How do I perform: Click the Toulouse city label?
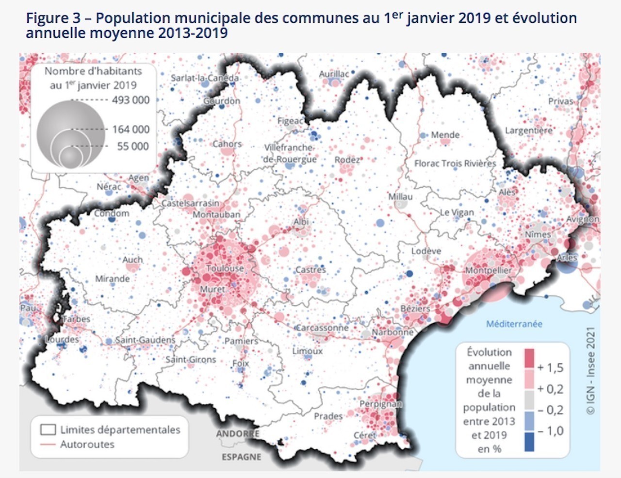(x=225, y=268)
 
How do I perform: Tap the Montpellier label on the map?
(x=488, y=270)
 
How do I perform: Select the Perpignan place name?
(x=380, y=404)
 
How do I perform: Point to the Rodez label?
(x=347, y=160)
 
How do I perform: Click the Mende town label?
(x=445, y=134)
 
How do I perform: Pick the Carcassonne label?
(x=322, y=328)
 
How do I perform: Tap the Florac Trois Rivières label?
(x=455, y=163)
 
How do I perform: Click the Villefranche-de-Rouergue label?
(x=290, y=153)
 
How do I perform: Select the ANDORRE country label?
(x=238, y=433)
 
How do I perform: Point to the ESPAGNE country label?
(x=241, y=457)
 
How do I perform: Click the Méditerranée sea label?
(x=514, y=324)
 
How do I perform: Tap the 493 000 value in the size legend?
(x=131, y=100)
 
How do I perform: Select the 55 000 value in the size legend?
(x=133, y=146)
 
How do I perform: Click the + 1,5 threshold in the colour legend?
(x=550, y=367)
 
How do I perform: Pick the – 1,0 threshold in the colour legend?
(x=550, y=431)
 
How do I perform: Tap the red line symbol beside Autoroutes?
(x=48, y=445)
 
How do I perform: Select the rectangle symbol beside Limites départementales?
(x=48, y=429)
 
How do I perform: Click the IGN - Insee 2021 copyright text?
(x=590, y=371)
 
